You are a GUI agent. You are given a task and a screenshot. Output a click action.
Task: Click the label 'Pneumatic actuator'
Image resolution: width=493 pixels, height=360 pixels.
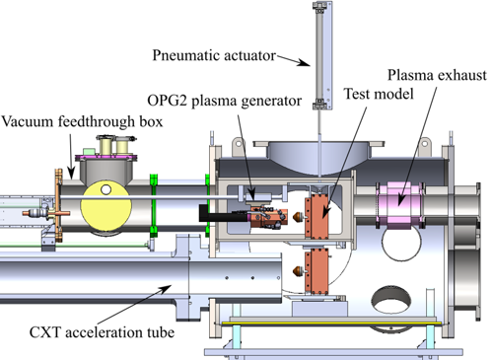(x=214, y=55)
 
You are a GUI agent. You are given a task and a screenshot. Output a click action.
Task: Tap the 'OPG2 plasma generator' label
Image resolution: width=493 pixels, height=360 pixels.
(x=225, y=101)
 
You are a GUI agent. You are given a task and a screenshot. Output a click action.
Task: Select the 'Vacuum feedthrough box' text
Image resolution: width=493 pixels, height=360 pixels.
(x=82, y=121)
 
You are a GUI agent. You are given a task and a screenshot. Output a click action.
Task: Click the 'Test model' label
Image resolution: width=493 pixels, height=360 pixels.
(x=379, y=94)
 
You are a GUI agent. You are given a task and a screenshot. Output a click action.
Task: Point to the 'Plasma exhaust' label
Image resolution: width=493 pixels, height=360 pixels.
(x=437, y=75)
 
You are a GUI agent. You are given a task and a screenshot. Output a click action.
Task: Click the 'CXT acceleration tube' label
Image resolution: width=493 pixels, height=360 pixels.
(x=102, y=332)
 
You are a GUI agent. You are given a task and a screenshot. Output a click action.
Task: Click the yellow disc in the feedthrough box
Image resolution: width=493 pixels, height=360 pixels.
(x=106, y=206)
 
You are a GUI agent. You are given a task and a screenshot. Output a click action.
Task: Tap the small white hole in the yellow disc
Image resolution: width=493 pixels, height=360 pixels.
(x=106, y=189)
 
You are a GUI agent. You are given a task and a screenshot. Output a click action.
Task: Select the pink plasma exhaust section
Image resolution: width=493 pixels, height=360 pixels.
(x=399, y=205)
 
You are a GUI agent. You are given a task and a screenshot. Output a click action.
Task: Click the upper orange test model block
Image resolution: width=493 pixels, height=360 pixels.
(x=317, y=216)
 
